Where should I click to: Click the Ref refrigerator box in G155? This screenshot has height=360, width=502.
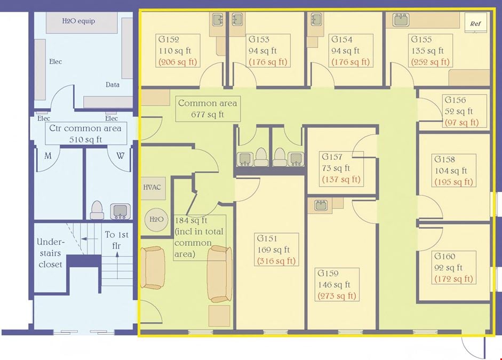(x=475, y=23)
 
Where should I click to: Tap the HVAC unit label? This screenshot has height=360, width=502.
(x=152, y=187)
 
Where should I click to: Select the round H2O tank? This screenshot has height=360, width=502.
(x=156, y=219)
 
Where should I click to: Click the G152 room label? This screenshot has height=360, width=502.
(x=169, y=39)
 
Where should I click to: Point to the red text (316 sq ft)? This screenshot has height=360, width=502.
(x=276, y=261)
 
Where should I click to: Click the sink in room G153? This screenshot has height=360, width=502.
(x=237, y=19)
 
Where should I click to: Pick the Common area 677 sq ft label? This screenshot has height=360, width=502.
(x=208, y=109)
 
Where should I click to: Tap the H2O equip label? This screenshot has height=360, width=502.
(x=78, y=21)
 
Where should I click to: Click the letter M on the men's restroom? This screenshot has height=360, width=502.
(x=47, y=156)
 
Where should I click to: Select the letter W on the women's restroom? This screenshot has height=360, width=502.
(x=121, y=156)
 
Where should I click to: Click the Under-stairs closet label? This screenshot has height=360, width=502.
(x=50, y=253)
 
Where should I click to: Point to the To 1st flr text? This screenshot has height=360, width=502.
(x=116, y=240)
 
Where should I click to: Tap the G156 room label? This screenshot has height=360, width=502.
(x=455, y=100)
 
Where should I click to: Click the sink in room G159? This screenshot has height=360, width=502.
(x=321, y=205)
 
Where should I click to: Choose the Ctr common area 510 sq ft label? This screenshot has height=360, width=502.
(x=85, y=133)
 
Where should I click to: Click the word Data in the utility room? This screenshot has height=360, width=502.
(x=113, y=85)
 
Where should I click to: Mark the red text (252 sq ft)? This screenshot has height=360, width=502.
(x=431, y=62)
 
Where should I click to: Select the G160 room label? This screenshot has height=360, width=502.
(x=445, y=257)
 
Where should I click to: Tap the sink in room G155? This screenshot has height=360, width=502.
(x=401, y=20)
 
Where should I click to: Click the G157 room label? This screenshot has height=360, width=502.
(x=332, y=157)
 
